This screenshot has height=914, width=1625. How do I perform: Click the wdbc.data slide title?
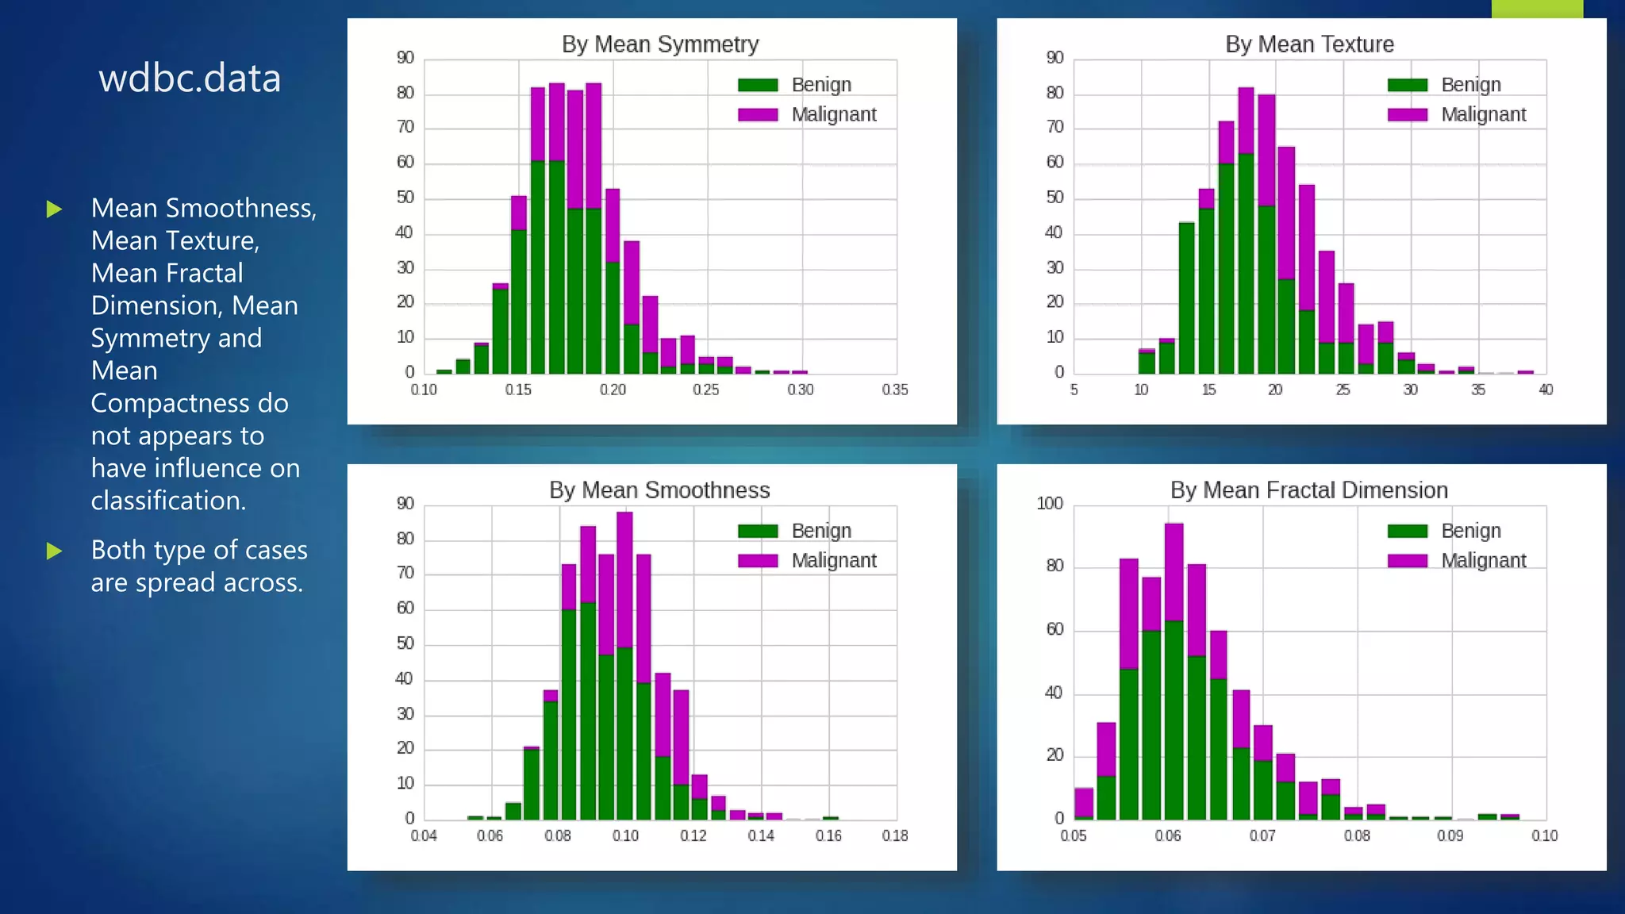[x=190, y=79]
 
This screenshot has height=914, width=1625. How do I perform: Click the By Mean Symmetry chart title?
[x=659, y=44]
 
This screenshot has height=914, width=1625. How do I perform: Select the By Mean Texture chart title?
[x=1309, y=44]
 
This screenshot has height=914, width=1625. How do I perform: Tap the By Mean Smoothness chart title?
[x=659, y=490]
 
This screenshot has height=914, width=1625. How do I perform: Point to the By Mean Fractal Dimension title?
[x=1309, y=490]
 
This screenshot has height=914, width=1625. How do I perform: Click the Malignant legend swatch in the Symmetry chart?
[x=758, y=115]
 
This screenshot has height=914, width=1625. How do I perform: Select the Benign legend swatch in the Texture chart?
[x=1408, y=85]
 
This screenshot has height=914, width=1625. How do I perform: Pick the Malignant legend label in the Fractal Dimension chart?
[x=1483, y=561]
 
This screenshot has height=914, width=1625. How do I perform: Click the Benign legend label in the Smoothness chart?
[x=821, y=531]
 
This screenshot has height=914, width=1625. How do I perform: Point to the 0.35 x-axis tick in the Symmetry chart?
[x=895, y=390]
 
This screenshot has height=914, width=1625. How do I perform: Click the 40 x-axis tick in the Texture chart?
[x=1546, y=390]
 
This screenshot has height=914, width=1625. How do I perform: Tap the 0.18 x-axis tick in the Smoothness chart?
[x=895, y=835]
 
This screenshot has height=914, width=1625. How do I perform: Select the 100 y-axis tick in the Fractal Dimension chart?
[x=1050, y=504]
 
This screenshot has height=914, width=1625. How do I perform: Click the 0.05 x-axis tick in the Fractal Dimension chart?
[x=1074, y=835]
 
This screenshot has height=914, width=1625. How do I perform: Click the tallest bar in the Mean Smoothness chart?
[x=624, y=666]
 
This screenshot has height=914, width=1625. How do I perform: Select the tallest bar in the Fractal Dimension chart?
[x=1174, y=674]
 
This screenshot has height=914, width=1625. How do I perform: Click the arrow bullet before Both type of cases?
[x=54, y=551]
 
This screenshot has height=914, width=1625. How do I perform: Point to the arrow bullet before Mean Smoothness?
[x=54, y=209]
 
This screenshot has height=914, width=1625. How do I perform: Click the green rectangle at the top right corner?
[x=1537, y=9]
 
